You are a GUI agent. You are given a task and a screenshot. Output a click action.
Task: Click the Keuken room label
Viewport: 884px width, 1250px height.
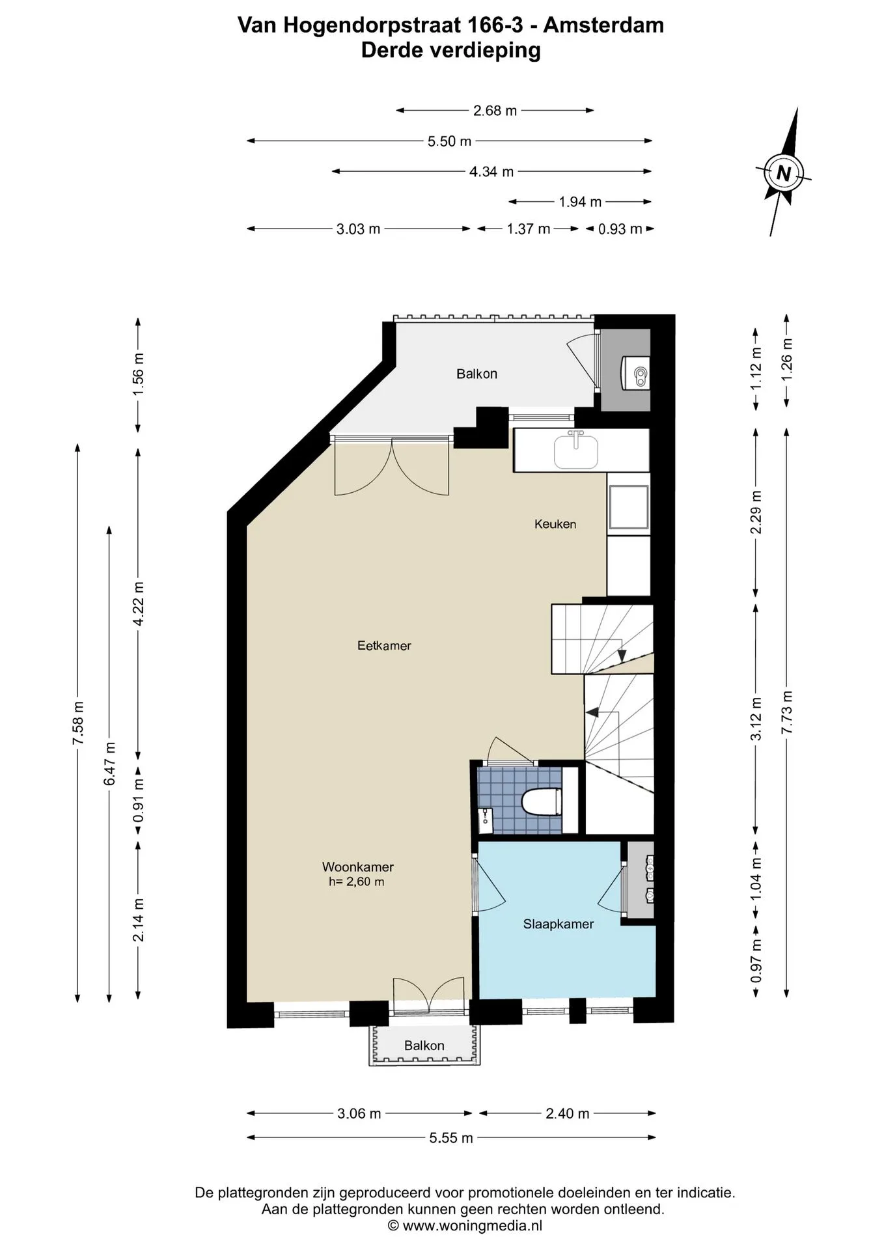point(555,524)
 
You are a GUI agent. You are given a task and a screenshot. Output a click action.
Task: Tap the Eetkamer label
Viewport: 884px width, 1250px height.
point(384,646)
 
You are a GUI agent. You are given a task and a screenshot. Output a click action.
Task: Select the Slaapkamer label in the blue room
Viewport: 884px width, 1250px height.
point(559,924)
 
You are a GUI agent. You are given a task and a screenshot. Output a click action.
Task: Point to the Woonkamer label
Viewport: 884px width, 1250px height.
point(358,867)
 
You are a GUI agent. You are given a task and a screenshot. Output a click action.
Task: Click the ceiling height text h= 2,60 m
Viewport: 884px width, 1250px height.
point(357,882)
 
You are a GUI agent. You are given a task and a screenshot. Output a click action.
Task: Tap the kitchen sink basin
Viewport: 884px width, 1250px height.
point(575,451)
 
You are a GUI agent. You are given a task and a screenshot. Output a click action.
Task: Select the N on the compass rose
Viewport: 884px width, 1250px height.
point(784,174)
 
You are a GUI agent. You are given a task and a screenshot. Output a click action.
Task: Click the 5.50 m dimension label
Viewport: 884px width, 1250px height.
point(449,141)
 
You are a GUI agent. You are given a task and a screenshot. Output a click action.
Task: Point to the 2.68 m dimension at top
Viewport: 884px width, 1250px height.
point(495,111)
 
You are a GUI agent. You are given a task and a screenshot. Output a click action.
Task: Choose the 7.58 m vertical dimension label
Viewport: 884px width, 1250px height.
point(78,723)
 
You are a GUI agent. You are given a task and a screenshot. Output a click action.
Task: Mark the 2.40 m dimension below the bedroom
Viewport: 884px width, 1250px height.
point(568,1114)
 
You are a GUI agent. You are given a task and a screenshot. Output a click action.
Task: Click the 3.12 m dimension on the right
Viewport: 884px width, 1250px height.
point(756,719)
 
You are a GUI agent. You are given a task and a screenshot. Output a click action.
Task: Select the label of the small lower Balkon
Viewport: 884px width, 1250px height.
point(424,1046)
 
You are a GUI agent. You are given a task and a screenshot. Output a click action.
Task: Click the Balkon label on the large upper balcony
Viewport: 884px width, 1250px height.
point(477,374)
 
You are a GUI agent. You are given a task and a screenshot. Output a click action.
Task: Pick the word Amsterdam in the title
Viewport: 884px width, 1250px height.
point(603,25)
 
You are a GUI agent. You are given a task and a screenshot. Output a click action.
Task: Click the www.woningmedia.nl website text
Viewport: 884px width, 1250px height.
point(472,1226)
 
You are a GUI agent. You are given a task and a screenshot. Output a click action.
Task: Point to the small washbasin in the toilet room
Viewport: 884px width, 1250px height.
point(485,818)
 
